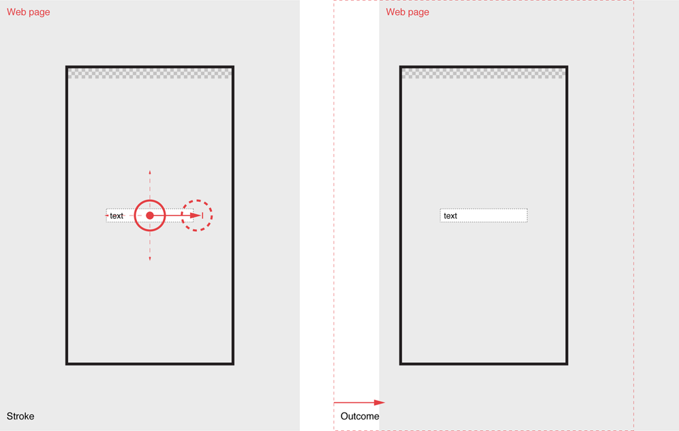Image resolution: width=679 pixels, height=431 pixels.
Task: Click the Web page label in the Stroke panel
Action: click(x=28, y=12)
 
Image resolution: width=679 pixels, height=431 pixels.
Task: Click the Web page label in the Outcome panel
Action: click(x=408, y=12)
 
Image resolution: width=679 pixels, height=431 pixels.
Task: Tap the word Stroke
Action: click(x=20, y=416)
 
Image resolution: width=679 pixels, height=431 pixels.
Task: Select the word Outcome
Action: click(x=360, y=416)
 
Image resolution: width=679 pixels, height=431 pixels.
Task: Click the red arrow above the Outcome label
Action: click(x=359, y=402)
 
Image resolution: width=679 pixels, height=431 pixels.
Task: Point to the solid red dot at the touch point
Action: click(x=150, y=215)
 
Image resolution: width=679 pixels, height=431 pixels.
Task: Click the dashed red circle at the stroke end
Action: click(x=196, y=200)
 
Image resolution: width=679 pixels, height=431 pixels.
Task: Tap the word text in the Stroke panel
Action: click(x=117, y=215)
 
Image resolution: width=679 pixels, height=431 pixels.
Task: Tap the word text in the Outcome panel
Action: click(x=451, y=215)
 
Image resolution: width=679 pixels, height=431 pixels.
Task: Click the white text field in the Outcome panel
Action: click(x=484, y=215)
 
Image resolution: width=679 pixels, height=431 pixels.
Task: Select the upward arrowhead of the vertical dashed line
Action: click(x=150, y=173)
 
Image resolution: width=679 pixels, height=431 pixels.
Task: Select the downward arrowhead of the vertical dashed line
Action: click(x=150, y=258)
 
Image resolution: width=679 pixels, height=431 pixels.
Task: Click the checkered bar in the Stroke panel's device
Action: click(x=150, y=73)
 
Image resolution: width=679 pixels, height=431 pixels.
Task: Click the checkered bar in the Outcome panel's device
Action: click(x=484, y=73)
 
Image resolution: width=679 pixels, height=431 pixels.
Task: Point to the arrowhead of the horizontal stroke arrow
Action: click(x=196, y=215)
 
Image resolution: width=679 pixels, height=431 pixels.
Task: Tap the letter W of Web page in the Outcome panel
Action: click(x=390, y=12)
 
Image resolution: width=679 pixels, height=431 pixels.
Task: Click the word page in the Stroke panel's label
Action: click(x=40, y=12)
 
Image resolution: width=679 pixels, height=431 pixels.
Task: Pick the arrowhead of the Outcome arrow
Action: click(x=379, y=402)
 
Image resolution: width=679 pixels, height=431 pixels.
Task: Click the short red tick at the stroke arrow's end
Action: click(x=202, y=215)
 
